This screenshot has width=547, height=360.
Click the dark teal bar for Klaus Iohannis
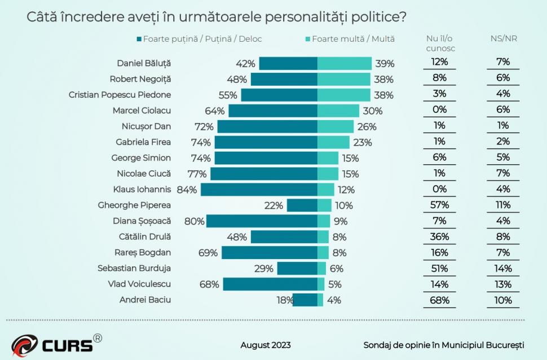click(x=259, y=190)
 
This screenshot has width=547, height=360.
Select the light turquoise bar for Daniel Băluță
click(x=344, y=63)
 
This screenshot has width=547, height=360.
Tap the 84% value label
click(x=187, y=190)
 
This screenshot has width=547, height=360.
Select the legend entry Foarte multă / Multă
click(x=350, y=39)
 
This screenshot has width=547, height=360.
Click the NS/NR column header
click(x=503, y=39)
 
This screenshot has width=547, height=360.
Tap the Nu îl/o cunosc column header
click(x=440, y=43)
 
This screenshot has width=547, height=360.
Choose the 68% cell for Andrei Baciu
click(x=439, y=300)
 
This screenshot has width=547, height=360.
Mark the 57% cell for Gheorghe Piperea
click(x=439, y=205)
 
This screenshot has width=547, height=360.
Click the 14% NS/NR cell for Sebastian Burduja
click(x=503, y=269)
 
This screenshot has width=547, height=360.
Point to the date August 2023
click(x=266, y=345)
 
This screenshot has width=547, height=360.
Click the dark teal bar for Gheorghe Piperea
click(x=302, y=205)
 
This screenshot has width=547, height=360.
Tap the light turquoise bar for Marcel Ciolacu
click(x=338, y=111)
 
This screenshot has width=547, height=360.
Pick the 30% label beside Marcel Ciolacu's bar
click(x=373, y=111)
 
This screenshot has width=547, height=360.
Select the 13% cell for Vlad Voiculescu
click(x=503, y=284)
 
